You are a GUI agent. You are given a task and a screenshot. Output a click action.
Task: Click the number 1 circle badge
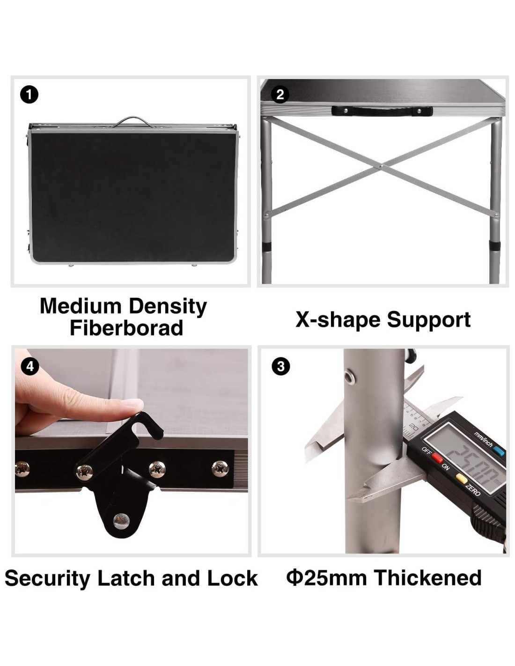tap(29, 95)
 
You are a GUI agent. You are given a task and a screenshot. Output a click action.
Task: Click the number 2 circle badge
tap(280, 95)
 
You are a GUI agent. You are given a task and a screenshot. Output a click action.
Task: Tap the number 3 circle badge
tap(280, 366)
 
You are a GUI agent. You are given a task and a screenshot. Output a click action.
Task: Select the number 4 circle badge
tap(30, 366)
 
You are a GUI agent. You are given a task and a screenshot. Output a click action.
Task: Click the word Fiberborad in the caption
tap(126, 328)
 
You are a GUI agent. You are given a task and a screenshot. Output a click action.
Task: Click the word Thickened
tap(428, 578)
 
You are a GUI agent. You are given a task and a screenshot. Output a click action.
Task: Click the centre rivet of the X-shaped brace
tap(382, 166)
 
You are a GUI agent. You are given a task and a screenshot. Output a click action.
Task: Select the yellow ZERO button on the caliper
tap(461, 478)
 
